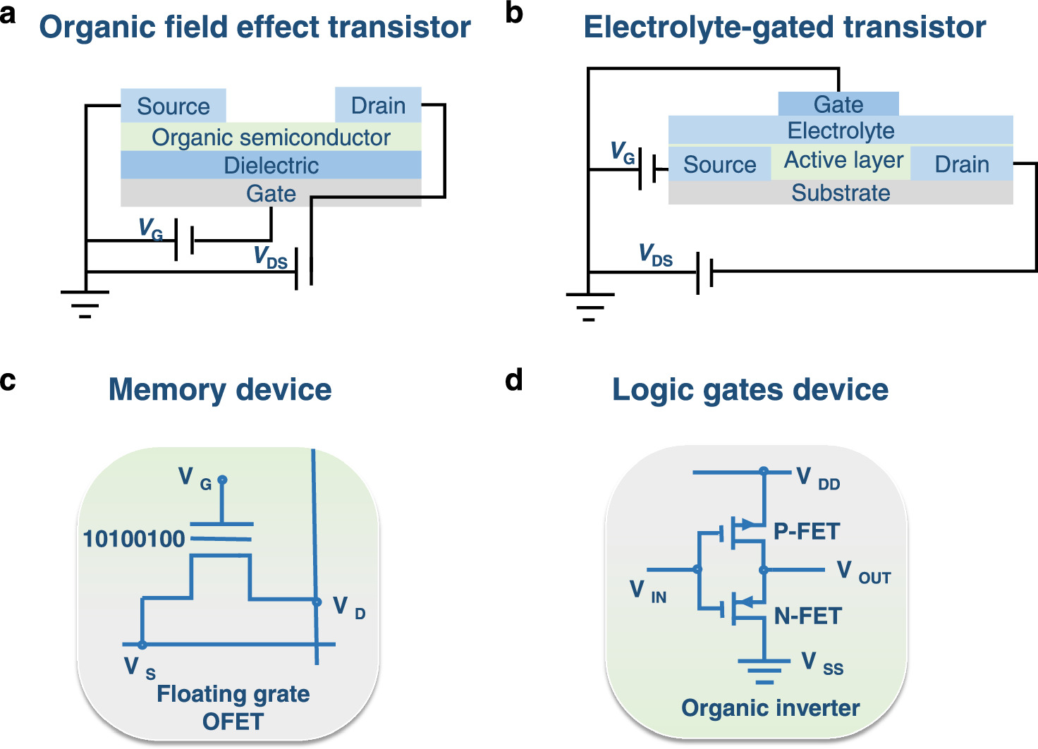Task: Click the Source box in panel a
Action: point(173,106)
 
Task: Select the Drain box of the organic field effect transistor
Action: point(378,105)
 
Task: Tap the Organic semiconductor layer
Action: point(271,137)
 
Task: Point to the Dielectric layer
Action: point(271,165)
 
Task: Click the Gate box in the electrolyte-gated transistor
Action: point(838,104)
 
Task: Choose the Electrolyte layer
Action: point(841,130)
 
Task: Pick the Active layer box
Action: point(843,160)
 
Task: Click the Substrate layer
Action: point(841,193)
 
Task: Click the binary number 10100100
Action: point(134,540)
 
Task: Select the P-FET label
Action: point(807,531)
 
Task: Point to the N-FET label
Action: point(808,616)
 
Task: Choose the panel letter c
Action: point(8,381)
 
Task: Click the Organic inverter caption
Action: point(770,707)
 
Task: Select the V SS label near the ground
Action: point(822,664)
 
